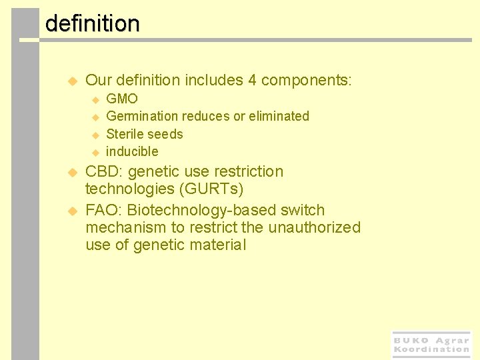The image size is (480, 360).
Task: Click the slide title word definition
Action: coord(92,24)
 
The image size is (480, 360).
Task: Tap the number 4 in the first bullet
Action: coord(252,81)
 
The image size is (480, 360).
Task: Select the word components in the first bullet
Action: coord(306,81)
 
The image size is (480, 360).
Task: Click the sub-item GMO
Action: coord(122,99)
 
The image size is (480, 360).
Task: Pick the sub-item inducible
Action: coord(132,151)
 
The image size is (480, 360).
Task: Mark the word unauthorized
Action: coord(314,228)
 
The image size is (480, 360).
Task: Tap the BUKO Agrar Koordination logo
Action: coord(431,344)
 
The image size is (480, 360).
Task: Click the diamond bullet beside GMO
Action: coord(95,99)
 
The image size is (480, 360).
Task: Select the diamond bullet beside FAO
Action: coord(73,211)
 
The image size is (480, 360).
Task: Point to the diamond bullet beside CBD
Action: coord(73,172)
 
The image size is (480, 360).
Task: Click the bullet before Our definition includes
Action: coord(73,81)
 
